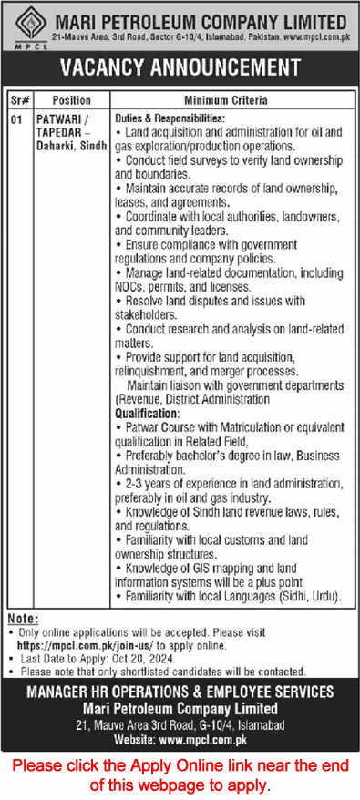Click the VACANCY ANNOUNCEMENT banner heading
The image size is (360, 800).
point(180,67)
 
